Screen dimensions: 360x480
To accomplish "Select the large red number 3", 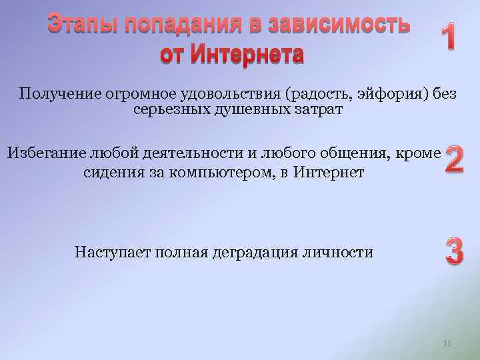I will tap(455, 252).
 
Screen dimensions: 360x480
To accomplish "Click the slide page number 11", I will tap(447, 343).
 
